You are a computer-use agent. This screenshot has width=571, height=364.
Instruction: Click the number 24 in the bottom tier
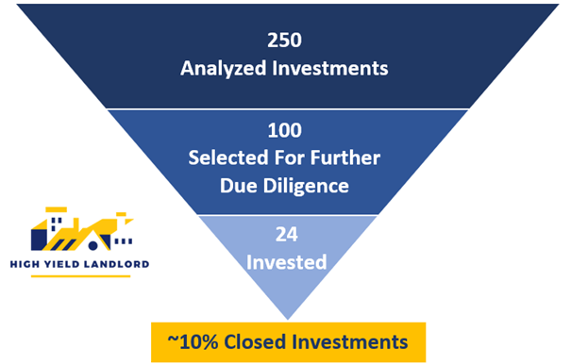pyautogui.click(x=286, y=234)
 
